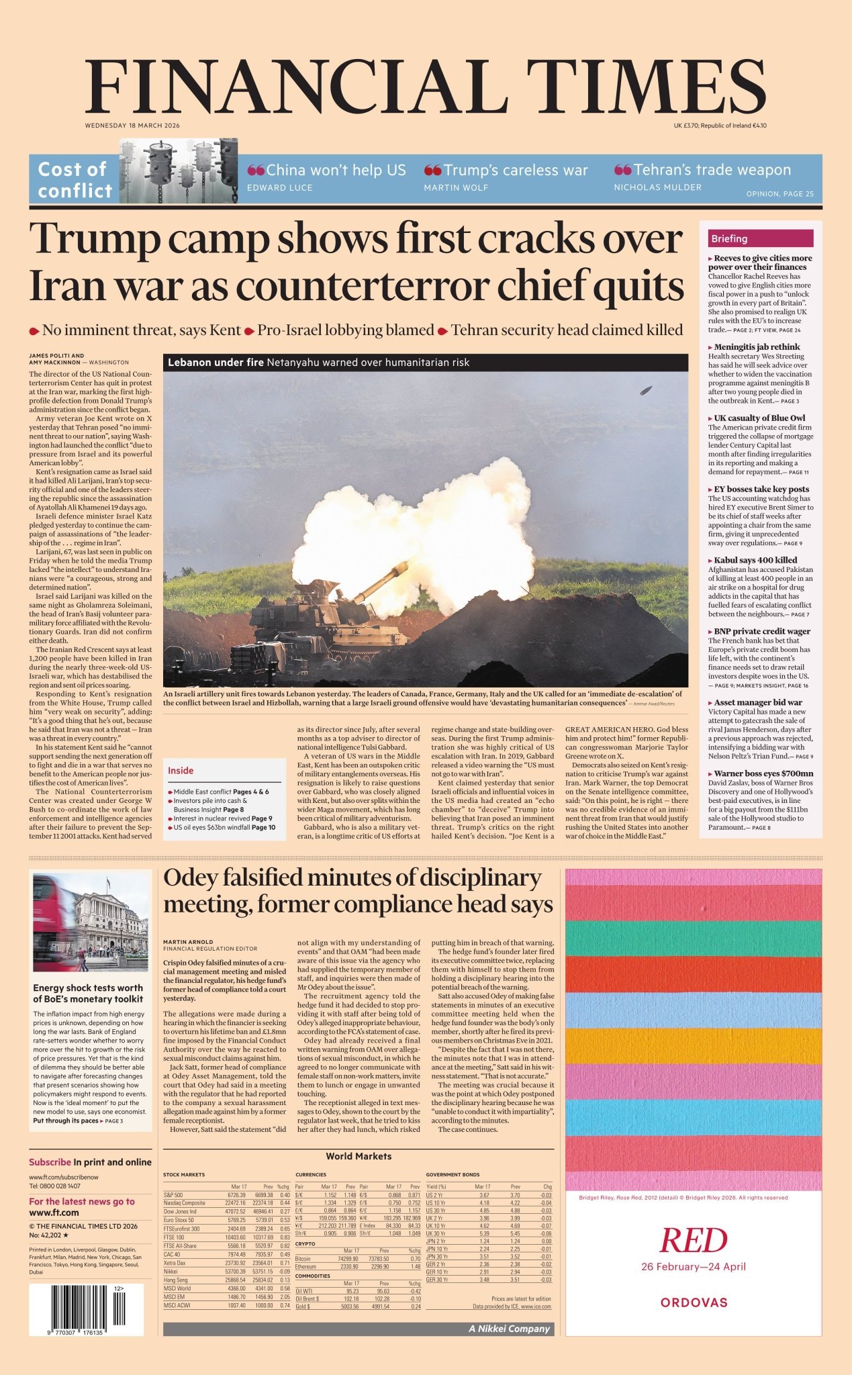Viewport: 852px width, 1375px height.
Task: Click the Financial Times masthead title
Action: (426, 85)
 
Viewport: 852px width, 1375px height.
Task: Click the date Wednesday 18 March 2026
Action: (132, 126)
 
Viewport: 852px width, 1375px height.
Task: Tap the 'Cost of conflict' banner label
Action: (75, 180)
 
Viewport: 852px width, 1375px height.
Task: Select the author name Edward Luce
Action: (279, 188)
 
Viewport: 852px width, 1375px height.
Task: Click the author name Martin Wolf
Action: (456, 188)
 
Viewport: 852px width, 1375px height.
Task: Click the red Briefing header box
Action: (760, 238)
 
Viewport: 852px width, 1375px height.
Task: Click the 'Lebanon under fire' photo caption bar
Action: (425, 363)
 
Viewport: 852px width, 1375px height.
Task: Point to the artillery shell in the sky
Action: (646, 391)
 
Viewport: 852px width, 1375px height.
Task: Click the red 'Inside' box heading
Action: (181, 771)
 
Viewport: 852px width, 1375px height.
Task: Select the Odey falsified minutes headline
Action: (358, 891)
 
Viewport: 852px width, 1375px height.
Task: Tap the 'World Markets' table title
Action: (358, 1156)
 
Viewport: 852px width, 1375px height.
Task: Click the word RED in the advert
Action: (694, 1240)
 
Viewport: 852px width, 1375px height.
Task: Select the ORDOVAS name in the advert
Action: (694, 1302)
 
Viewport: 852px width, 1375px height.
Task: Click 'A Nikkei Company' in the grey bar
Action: (509, 1329)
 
